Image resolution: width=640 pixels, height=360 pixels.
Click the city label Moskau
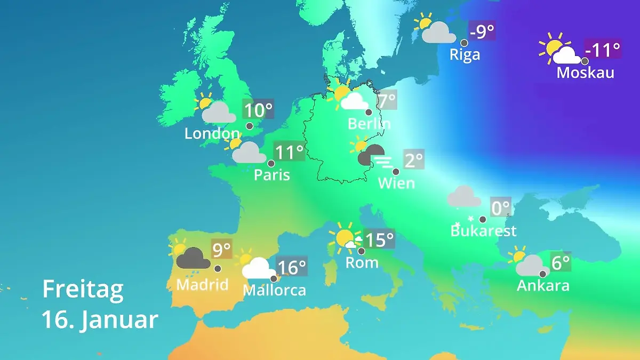(x=585, y=73)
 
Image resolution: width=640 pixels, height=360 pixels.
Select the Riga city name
(x=465, y=54)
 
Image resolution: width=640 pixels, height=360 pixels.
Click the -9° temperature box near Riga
(x=482, y=31)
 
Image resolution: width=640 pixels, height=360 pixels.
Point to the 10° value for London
(x=258, y=110)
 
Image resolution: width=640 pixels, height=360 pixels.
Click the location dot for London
(x=249, y=126)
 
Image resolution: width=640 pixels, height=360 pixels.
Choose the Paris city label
(x=272, y=175)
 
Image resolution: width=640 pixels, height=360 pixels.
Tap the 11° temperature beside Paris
(x=289, y=153)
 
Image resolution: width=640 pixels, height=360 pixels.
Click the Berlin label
(x=369, y=124)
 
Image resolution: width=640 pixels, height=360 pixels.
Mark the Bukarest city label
(x=483, y=231)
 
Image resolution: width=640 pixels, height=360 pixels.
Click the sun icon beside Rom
(x=343, y=238)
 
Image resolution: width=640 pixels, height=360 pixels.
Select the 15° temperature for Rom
(x=379, y=240)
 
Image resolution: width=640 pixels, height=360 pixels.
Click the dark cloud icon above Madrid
(x=192, y=259)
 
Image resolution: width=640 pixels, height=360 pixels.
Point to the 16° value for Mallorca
(x=292, y=266)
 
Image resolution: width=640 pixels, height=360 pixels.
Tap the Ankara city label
(x=543, y=286)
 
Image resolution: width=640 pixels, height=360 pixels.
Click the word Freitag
(x=83, y=290)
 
